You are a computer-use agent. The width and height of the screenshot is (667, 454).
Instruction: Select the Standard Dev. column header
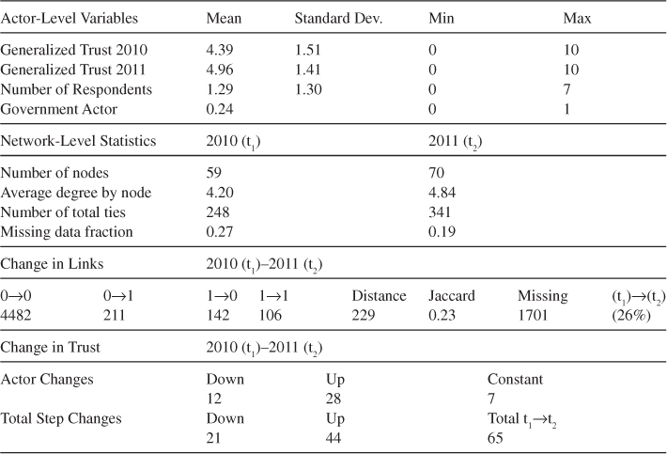click(335, 19)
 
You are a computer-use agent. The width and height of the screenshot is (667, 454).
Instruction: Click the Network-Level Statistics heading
click(78, 140)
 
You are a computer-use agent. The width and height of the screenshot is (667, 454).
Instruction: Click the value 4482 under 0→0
click(18, 315)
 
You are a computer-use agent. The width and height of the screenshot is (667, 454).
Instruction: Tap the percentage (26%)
click(628, 315)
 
